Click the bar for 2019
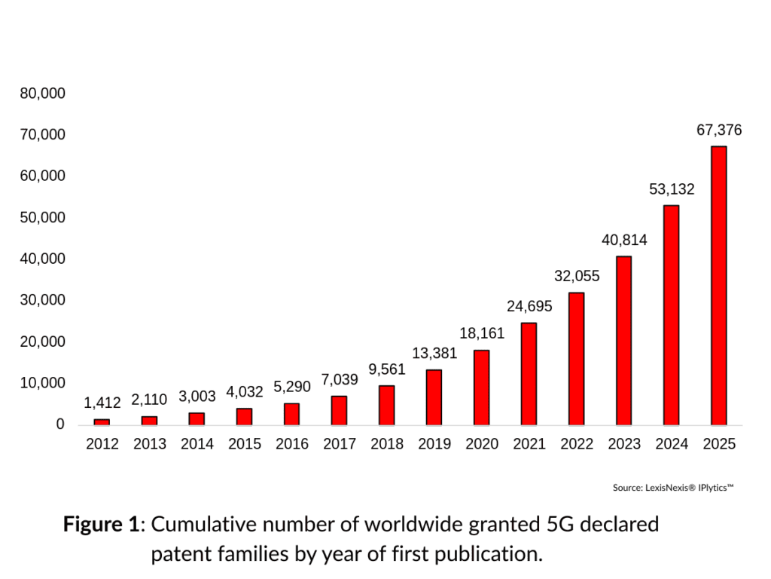[434, 397]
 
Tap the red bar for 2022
[577, 358]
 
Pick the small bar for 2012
[102, 421]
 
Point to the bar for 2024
[672, 314]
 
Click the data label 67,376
[719, 130]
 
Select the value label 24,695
[529, 306]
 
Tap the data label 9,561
[387, 369]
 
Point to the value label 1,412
[102, 403]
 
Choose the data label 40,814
[624, 240]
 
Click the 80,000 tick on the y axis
[43, 93]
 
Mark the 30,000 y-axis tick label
[43, 300]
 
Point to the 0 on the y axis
[60, 424]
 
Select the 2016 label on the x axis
[292, 444]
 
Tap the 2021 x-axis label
[529, 444]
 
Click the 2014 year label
[197, 444]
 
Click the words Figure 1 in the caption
[101, 524]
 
